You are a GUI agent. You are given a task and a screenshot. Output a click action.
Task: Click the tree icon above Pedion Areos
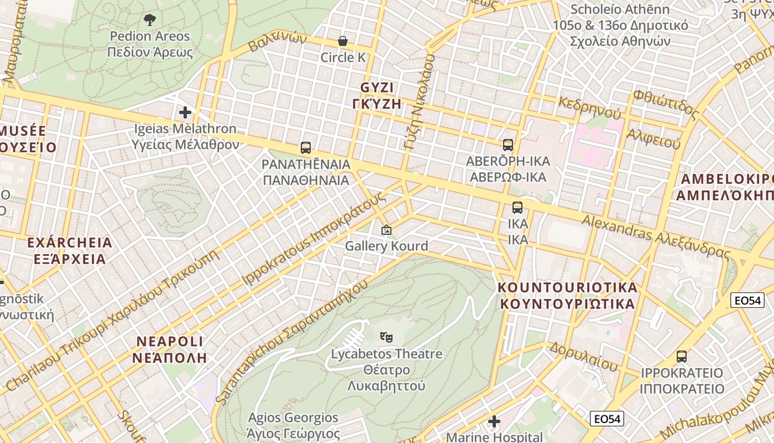click(149, 20)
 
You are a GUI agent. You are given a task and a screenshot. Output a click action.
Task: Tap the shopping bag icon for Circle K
click(343, 42)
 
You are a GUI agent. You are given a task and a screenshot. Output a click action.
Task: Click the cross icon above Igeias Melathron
click(185, 113)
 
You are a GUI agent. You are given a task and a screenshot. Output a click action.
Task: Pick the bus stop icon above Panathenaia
click(306, 148)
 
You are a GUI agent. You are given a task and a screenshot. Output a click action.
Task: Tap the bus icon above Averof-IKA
click(508, 146)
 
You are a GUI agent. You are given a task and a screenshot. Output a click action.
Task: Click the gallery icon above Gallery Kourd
click(386, 230)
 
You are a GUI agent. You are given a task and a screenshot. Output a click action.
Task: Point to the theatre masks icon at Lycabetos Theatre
click(386, 337)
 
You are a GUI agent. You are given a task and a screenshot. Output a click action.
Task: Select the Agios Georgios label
click(293, 424)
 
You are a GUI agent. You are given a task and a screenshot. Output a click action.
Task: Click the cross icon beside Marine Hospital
click(494, 422)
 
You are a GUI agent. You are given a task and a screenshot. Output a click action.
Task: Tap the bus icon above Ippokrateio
click(682, 357)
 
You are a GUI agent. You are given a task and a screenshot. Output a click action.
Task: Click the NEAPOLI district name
click(169, 349)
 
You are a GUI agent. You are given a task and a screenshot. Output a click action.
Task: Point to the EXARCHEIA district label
click(70, 251)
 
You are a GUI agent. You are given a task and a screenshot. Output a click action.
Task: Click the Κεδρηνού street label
click(590, 107)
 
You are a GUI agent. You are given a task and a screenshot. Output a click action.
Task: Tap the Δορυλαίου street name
click(583, 357)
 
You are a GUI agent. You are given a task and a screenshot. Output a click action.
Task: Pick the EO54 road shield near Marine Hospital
click(607, 419)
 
